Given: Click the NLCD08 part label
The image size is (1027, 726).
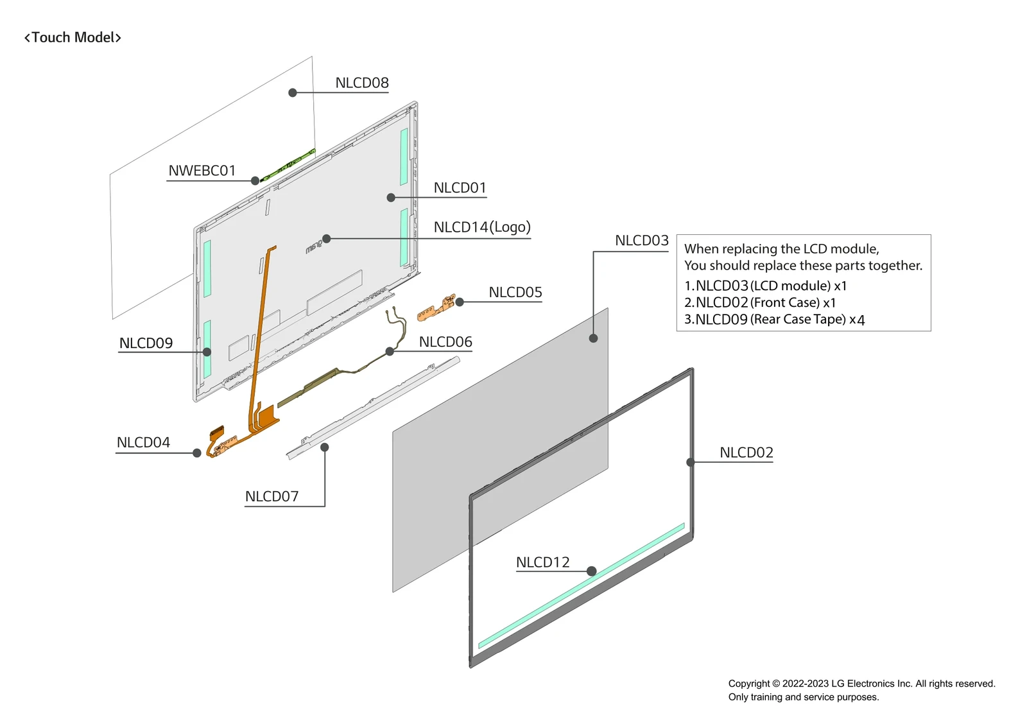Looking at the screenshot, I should (x=361, y=83).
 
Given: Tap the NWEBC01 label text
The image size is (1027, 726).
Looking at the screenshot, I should (x=202, y=171).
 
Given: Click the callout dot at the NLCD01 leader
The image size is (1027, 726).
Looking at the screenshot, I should (x=391, y=198).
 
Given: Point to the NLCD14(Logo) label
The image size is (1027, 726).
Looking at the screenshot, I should (x=481, y=227).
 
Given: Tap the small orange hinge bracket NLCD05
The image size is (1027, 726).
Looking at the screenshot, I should (x=436, y=309).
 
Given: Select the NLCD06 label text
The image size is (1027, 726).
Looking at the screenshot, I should (x=445, y=342).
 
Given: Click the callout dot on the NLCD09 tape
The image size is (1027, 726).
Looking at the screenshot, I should (x=207, y=352).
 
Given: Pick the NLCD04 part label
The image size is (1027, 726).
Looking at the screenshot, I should (x=143, y=443).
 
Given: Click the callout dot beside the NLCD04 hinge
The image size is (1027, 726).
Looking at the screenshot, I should (x=197, y=453).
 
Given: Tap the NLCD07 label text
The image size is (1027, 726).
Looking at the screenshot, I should (x=272, y=497).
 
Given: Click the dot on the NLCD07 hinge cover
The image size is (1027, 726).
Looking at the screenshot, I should (x=325, y=447).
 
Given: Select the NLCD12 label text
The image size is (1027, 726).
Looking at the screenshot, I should (x=542, y=562).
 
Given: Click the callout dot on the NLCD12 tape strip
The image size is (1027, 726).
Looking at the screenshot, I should (x=592, y=571).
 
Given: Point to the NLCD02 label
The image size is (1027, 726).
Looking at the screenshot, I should (x=746, y=453).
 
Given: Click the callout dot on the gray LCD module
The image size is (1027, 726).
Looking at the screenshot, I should (x=594, y=338).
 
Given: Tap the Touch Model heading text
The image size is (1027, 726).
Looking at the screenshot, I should (x=73, y=38).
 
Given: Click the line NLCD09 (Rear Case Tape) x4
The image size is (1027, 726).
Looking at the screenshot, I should (x=774, y=320).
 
